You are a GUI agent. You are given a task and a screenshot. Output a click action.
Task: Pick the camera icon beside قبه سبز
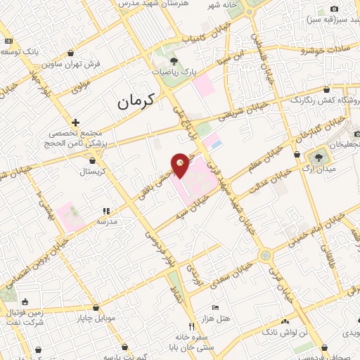click(x=334, y=8)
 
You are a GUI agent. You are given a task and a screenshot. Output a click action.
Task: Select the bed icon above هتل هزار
click(x=216, y=307)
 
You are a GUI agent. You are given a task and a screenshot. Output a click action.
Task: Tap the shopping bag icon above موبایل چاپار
click(x=96, y=307)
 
